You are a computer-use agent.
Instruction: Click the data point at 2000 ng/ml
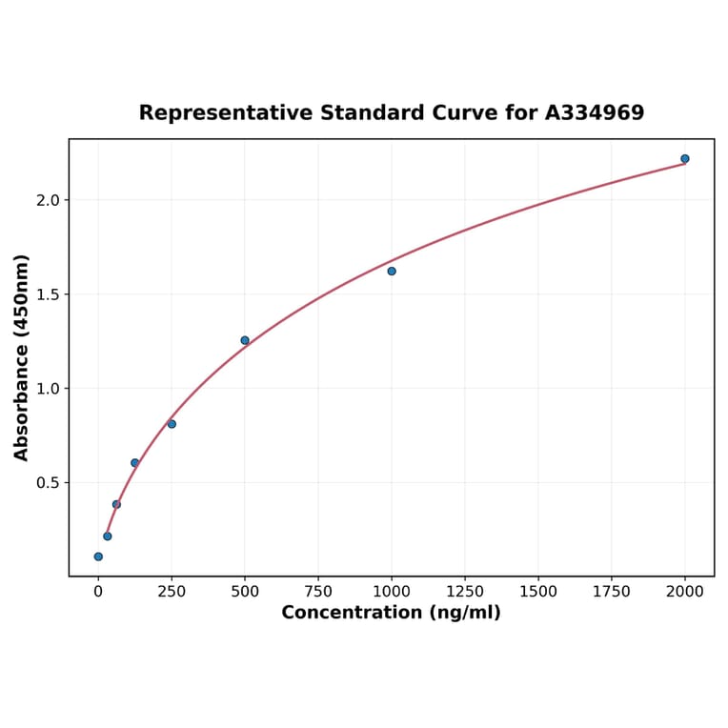[684, 159]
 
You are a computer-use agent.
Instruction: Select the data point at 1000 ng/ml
[392, 272]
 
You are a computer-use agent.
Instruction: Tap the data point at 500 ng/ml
[245, 340]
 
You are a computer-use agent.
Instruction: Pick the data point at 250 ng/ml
[172, 424]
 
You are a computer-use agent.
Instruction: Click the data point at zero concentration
[98, 556]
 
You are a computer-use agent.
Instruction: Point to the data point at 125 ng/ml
[134, 463]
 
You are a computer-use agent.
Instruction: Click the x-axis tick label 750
[318, 592]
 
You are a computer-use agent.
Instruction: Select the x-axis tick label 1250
[465, 592]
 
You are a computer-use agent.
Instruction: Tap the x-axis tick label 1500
[538, 592]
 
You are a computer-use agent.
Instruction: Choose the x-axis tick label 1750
[612, 592]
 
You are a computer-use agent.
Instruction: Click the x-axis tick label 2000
[685, 592]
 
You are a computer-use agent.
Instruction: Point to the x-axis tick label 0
[98, 592]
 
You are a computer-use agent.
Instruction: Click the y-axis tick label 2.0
[48, 200]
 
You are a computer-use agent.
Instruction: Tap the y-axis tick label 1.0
[48, 389]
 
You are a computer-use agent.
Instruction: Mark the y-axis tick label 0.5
[48, 483]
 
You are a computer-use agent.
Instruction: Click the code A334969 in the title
[595, 113]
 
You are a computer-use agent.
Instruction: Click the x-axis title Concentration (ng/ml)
[391, 613]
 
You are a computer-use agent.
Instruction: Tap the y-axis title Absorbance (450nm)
[22, 357]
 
